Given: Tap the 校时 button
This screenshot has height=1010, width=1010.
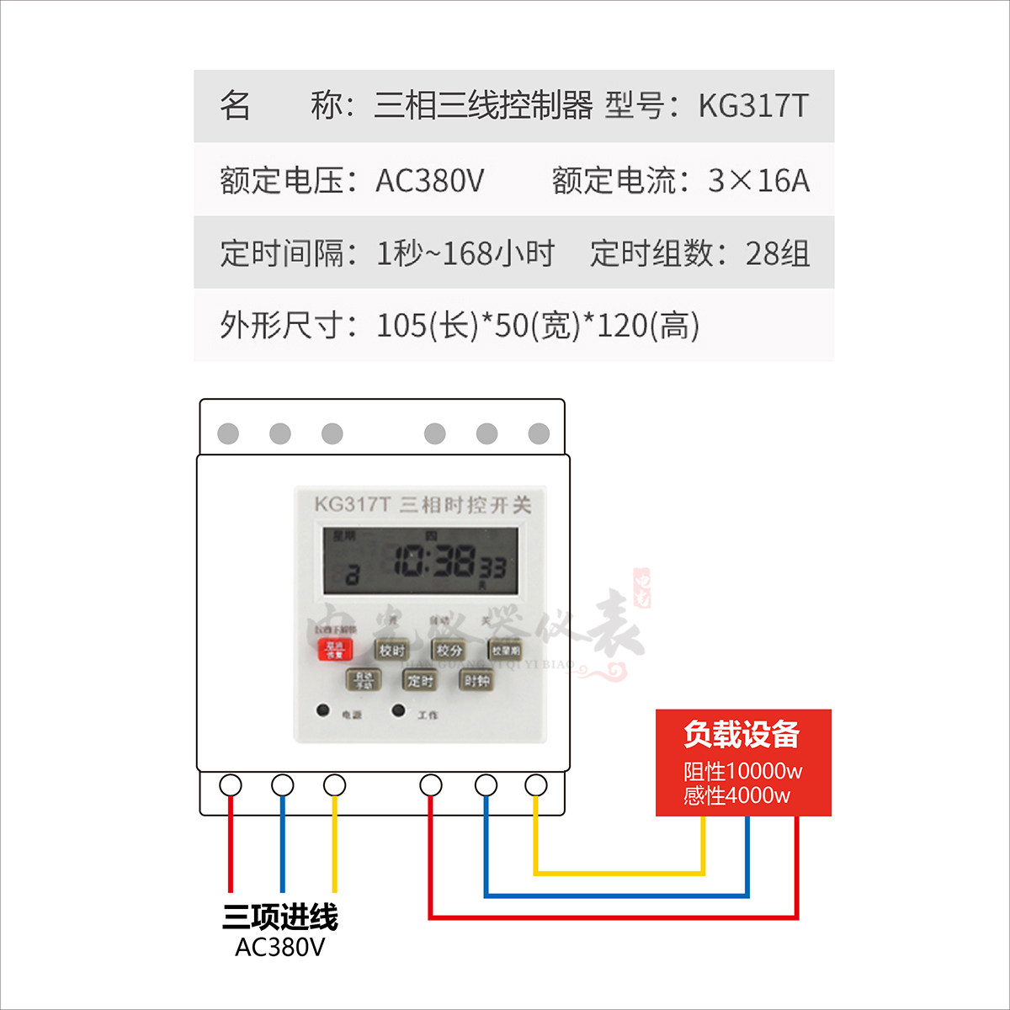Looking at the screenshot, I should (391, 650).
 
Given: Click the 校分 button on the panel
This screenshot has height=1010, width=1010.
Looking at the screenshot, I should (449, 650).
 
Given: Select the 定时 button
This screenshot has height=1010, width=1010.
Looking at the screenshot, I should (419, 680).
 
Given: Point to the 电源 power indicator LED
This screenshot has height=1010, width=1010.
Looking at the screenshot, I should (323, 710).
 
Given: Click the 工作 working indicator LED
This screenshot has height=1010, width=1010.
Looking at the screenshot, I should (399, 710).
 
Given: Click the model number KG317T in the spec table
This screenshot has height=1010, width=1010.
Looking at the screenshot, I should (753, 106).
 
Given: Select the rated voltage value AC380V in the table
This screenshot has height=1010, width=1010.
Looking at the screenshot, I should (429, 180).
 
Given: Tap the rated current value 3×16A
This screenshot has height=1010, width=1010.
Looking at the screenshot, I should (758, 180).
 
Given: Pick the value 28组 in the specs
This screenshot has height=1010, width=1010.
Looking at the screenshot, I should (777, 253).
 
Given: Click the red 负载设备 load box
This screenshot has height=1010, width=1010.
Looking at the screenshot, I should (743, 762).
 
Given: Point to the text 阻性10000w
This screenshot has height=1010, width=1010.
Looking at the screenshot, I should (742, 771).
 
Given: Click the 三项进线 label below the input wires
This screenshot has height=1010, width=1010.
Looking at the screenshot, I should (280, 917).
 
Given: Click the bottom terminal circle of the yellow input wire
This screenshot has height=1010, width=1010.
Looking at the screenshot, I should (334, 785).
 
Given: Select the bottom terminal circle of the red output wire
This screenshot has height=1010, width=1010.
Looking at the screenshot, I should (431, 785).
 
